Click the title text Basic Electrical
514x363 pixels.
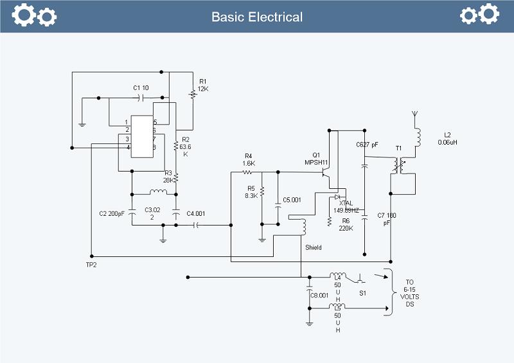[x=257, y=17]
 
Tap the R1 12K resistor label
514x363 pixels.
[x=203, y=85]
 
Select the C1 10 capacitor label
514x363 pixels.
[x=141, y=87]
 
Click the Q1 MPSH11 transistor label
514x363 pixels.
[x=316, y=158]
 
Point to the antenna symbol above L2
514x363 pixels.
[x=414, y=117]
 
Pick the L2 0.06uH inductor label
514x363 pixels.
[x=447, y=138]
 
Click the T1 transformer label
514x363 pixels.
[x=398, y=148]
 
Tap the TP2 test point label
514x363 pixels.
[x=91, y=264]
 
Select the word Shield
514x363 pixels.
[x=314, y=247]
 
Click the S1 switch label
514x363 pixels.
[x=362, y=293]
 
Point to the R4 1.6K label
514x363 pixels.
[x=249, y=160]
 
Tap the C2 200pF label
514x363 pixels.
[x=112, y=213]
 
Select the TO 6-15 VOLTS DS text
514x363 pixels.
[x=410, y=293]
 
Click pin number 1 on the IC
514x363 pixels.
[x=127, y=122]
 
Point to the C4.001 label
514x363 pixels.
[x=195, y=213]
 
